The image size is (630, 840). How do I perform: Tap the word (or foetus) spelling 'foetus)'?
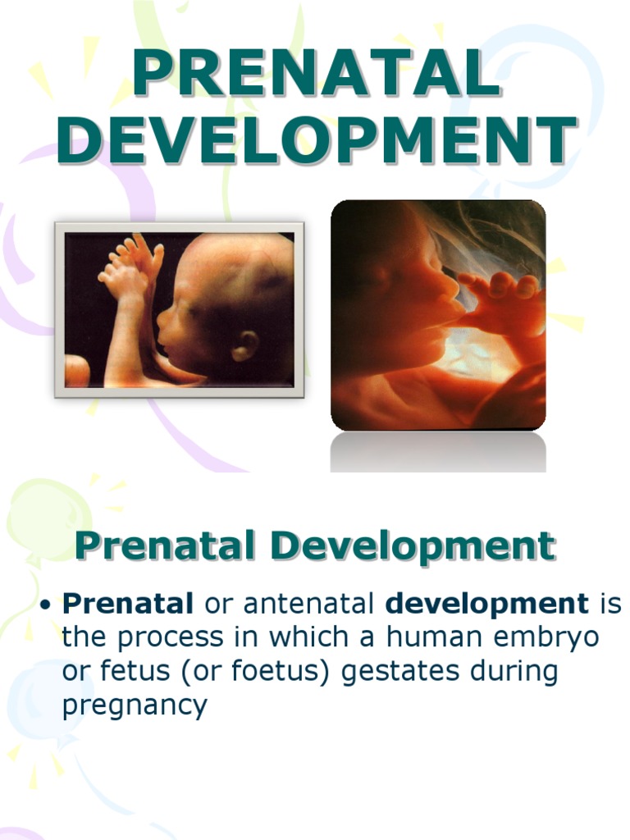[x=280, y=672]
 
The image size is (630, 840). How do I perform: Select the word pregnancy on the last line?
[x=135, y=705]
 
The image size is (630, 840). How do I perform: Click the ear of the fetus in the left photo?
[x=244, y=345]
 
